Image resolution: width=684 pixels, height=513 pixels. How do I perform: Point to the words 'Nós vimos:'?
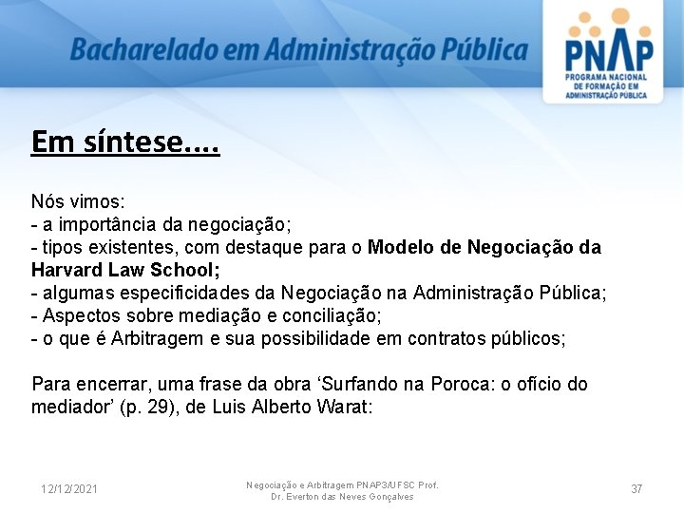(x=78, y=201)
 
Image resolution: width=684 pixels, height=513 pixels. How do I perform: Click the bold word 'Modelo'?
(x=403, y=247)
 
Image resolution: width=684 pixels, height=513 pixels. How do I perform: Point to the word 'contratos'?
(x=445, y=338)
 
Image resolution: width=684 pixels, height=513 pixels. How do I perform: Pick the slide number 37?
(x=636, y=488)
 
